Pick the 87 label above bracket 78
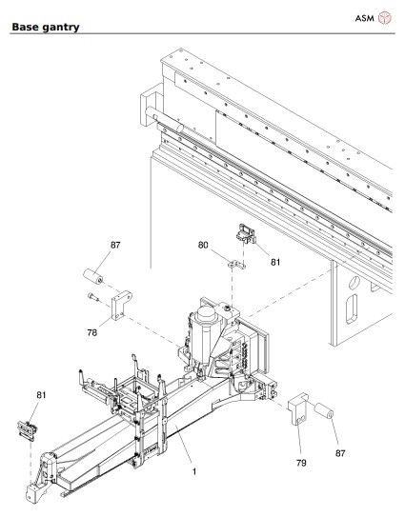point(115,246)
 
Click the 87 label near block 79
point(340,453)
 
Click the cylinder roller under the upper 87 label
point(95,280)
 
